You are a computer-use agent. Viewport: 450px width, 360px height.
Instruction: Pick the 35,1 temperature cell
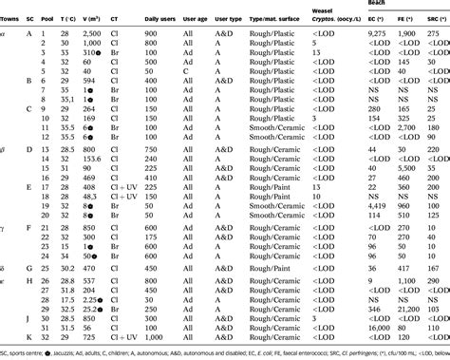coord(67,98)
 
